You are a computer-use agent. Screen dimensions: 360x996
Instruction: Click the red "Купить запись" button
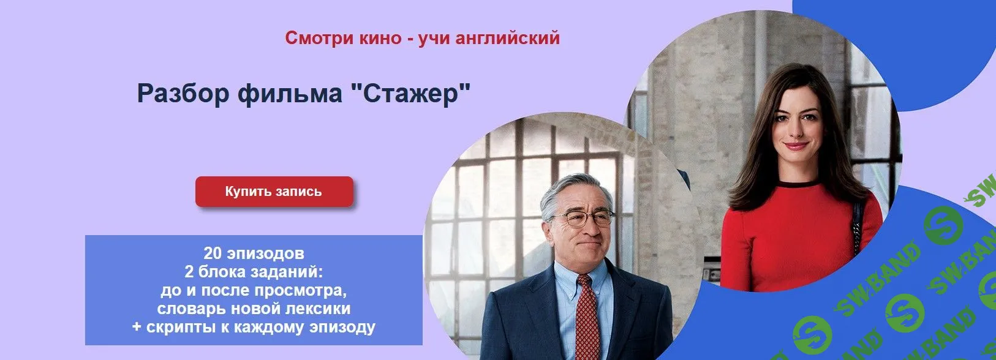273,192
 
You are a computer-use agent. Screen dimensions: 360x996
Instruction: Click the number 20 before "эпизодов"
212,253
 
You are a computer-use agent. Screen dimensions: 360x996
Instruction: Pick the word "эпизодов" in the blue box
265,253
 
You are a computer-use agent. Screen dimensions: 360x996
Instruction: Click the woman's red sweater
796,239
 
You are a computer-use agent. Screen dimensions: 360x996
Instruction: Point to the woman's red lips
796,146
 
